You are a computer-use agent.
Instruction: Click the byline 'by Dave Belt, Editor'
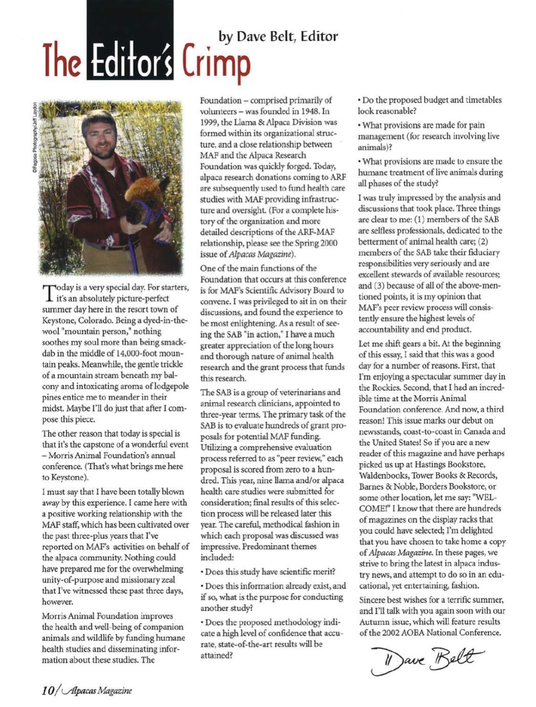point(278,36)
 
